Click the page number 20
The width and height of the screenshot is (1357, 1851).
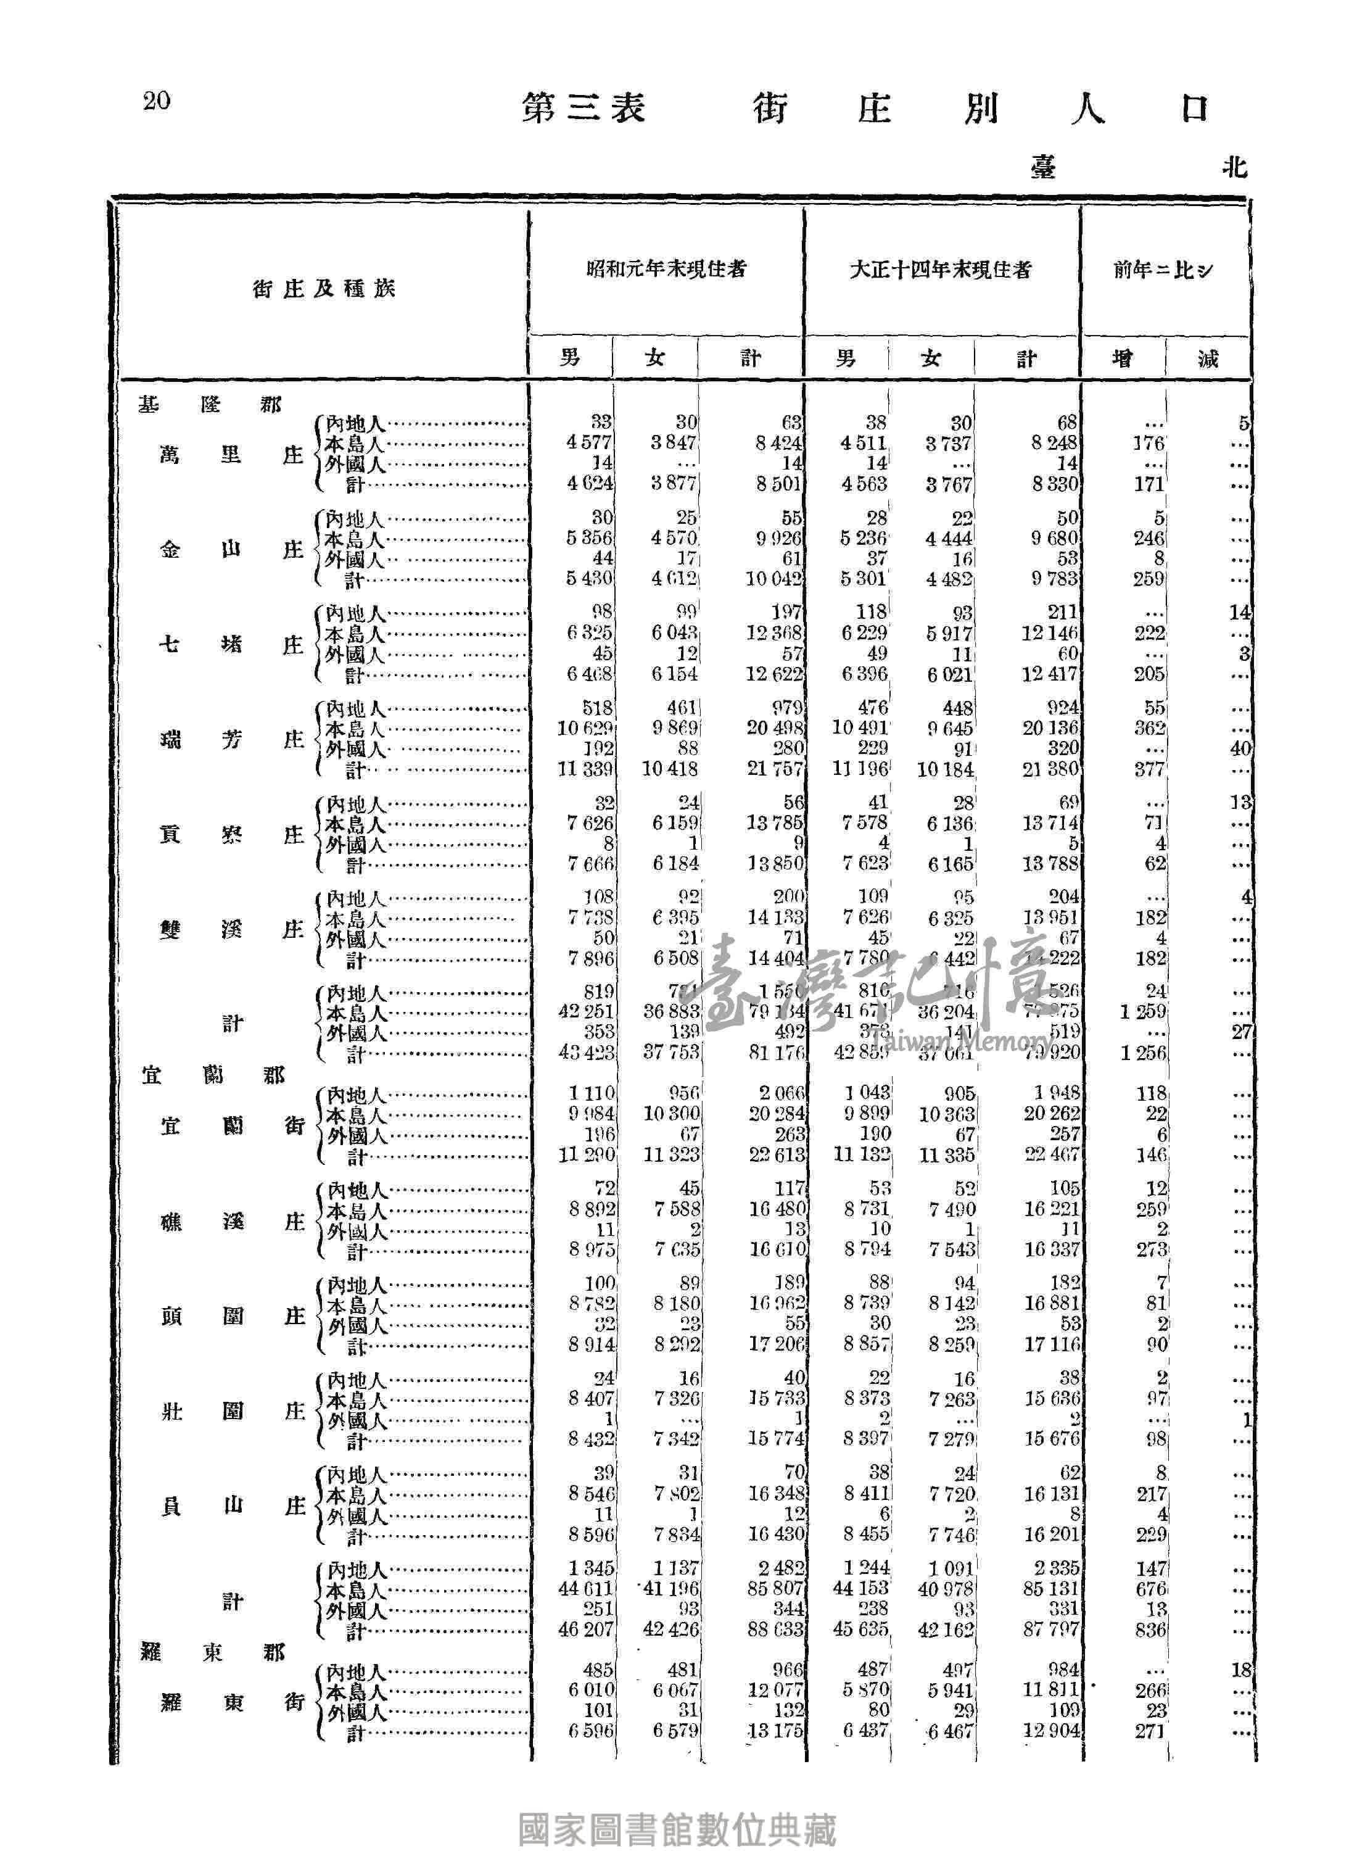click(x=156, y=101)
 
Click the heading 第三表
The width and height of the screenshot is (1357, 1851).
click(x=584, y=109)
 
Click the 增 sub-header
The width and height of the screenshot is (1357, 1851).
click(x=1122, y=358)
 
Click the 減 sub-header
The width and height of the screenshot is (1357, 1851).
click(x=1208, y=358)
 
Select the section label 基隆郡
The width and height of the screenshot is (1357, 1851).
click(x=210, y=405)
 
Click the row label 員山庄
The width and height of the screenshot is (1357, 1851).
click(x=233, y=1506)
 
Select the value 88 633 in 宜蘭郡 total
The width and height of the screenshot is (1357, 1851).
click(x=776, y=1629)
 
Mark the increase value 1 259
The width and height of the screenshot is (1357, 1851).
click(x=1142, y=1012)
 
